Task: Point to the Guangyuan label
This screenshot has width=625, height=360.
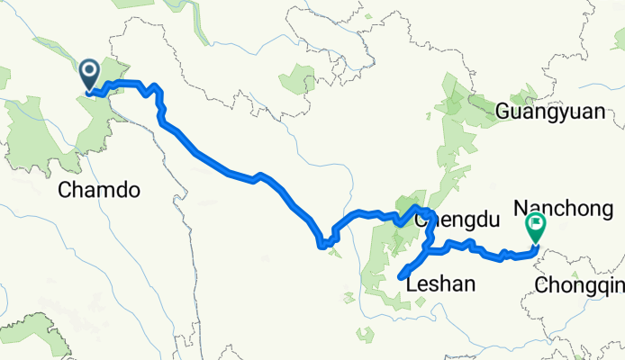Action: (x=548, y=112)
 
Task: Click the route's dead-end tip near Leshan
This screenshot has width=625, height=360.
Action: (x=399, y=277)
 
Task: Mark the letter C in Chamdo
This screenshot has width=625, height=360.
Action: (x=64, y=189)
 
